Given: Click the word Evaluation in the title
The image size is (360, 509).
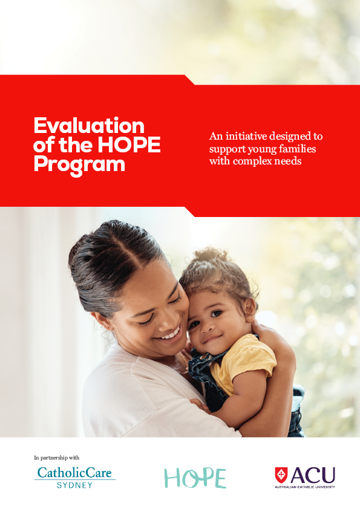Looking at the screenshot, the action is pyautogui.click(x=89, y=126).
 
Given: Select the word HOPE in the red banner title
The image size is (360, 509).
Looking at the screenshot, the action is pyautogui.click(x=129, y=144).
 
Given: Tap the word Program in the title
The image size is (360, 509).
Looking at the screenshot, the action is pyautogui.click(x=79, y=164).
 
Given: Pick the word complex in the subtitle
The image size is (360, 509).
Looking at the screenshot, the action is pyautogui.click(x=253, y=161).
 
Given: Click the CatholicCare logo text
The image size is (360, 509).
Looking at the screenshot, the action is pyautogui.click(x=74, y=473).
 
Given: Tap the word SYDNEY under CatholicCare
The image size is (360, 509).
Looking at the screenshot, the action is pyautogui.click(x=75, y=485).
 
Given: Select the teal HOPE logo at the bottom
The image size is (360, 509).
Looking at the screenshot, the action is pyautogui.click(x=195, y=478).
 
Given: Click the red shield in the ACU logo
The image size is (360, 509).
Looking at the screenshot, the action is pyautogui.click(x=281, y=475).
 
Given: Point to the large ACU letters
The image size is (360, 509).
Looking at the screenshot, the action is pyautogui.click(x=313, y=476).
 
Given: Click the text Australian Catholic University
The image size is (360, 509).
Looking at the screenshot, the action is pyautogui.click(x=305, y=487).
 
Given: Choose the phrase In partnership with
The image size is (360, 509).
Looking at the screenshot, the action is pyautogui.click(x=56, y=458).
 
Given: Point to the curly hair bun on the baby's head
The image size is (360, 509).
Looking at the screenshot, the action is pyautogui.click(x=209, y=256).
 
